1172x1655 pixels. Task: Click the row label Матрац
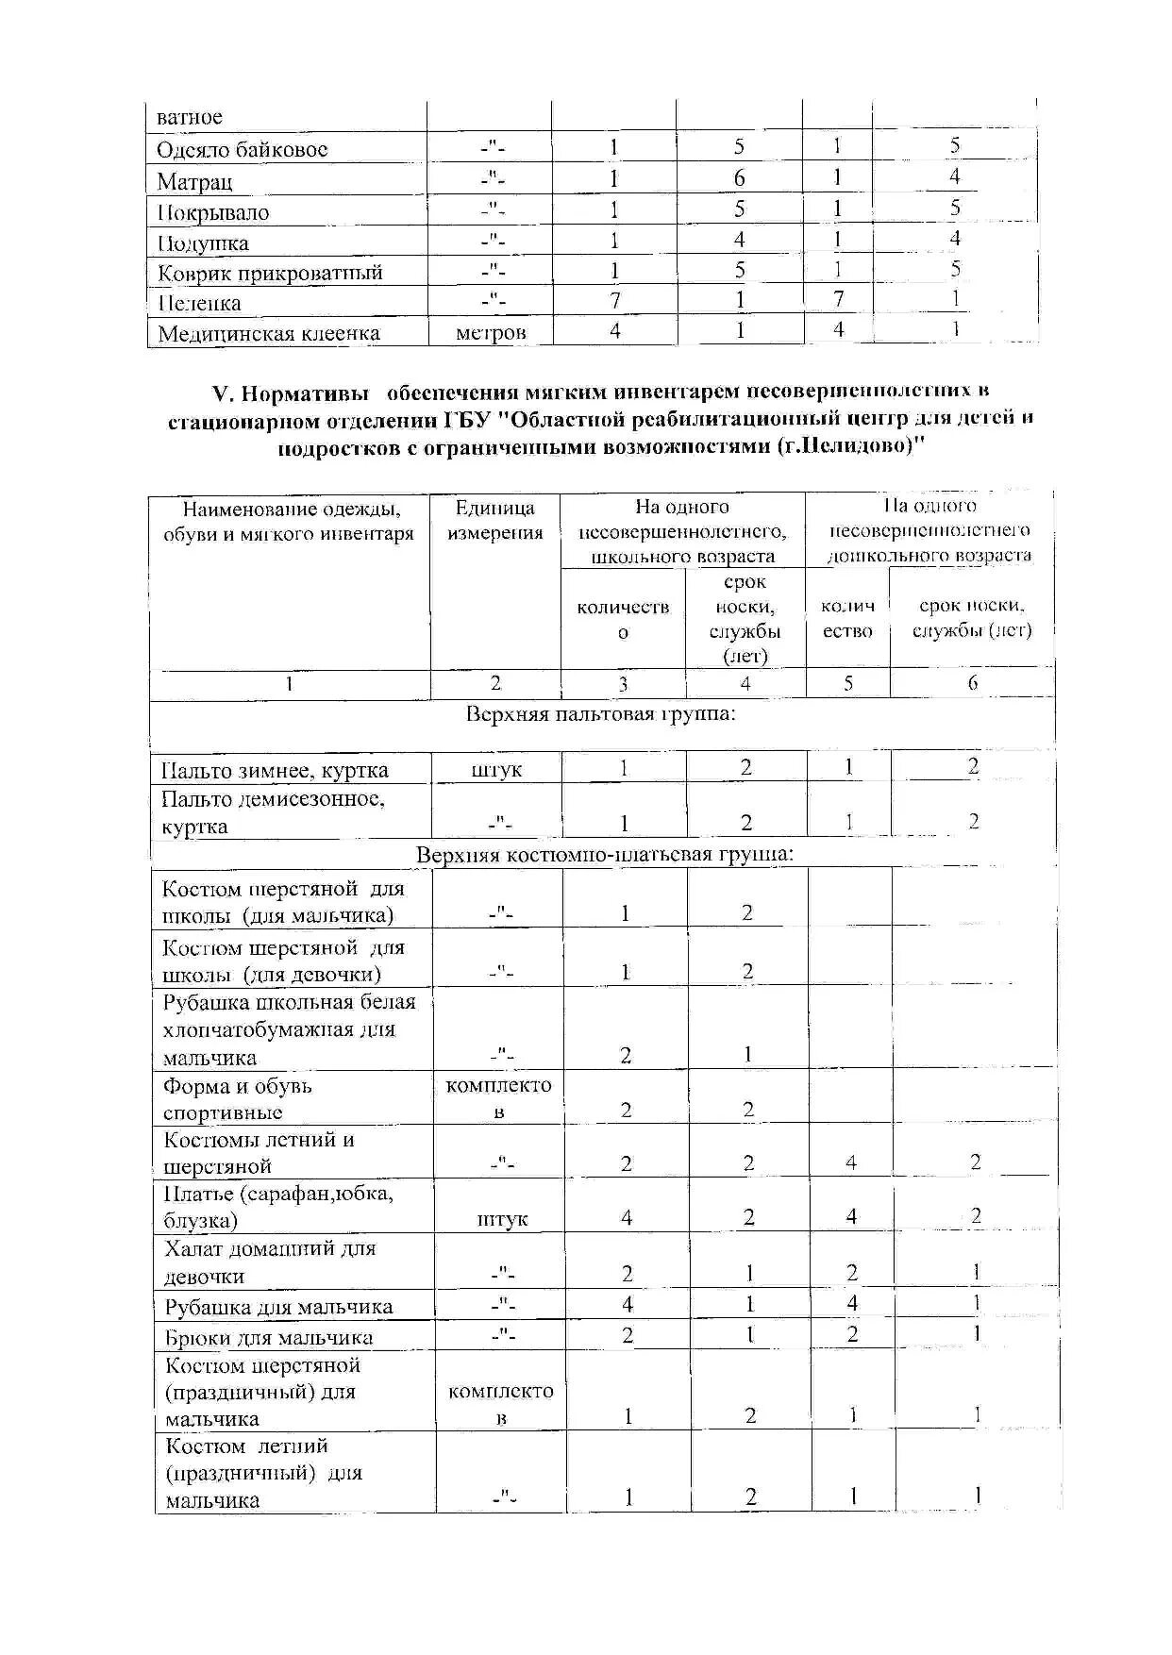point(194,181)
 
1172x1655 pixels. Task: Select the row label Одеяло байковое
point(243,149)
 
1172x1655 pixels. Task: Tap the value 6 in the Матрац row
point(739,178)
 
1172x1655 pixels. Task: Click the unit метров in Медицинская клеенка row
point(490,332)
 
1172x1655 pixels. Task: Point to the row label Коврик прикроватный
point(270,274)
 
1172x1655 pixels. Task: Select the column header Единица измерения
point(495,520)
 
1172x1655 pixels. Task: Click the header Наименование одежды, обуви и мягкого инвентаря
point(289,522)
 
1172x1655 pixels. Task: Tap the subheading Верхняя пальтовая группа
point(601,713)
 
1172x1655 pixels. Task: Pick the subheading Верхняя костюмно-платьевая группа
point(605,855)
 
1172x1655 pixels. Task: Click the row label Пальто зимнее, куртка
point(275,770)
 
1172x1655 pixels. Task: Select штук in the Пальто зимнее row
point(496,770)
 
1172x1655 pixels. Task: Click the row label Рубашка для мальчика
point(278,1307)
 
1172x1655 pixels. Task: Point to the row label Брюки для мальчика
point(269,1337)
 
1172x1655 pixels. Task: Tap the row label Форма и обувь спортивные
point(237,1098)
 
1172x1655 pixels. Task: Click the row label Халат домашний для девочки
point(270,1262)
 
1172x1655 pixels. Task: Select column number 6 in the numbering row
point(973,683)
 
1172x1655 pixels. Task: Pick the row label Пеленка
point(199,304)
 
